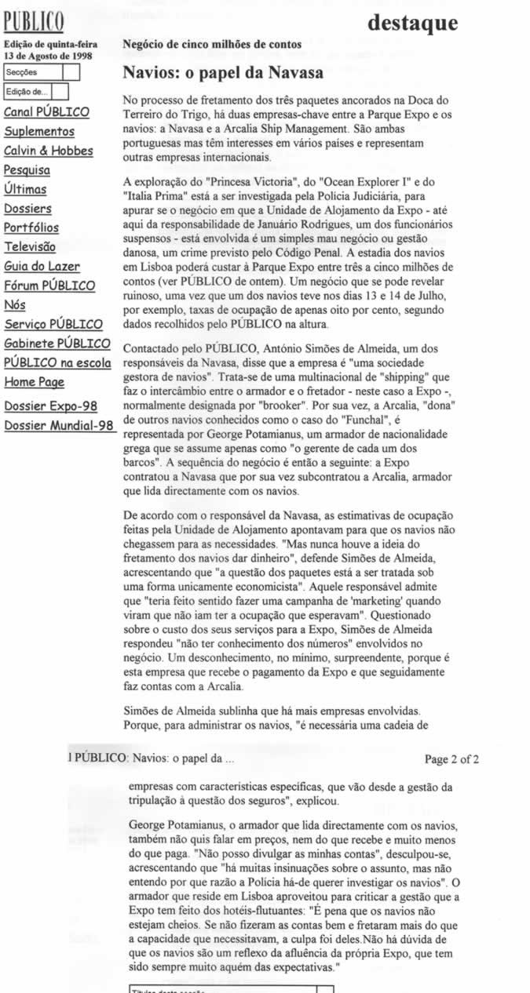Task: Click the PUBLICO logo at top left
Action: tap(35, 20)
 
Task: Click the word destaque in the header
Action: tap(412, 23)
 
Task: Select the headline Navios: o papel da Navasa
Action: tap(223, 74)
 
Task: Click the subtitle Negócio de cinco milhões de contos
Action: tap(212, 45)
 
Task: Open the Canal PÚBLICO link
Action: tap(46, 112)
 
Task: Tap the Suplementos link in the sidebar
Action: tap(39, 132)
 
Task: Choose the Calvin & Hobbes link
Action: tap(49, 151)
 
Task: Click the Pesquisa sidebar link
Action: tap(27, 170)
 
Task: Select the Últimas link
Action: tap(25, 189)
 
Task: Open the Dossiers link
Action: tap(27, 209)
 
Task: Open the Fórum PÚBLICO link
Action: tap(49, 286)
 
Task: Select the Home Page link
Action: tap(34, 382)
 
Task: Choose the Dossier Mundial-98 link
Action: tap(60, 426)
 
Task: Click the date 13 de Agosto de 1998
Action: tap(43, 56)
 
